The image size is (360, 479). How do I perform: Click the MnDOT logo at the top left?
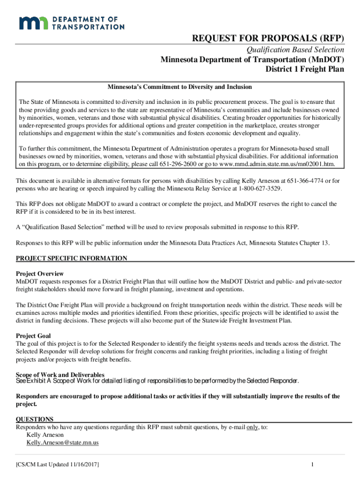(x=71, y=22)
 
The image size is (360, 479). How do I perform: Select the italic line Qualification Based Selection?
(x=295, y=50)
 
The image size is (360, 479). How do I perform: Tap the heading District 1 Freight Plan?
(x=305, y=69)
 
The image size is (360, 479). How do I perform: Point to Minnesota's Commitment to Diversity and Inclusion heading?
(x=180, y=87)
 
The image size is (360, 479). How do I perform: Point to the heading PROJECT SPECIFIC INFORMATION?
(x=72, y=258)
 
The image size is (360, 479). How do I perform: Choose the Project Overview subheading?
(x=40, y=274)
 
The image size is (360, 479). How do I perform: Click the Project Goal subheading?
(x=33, y=336)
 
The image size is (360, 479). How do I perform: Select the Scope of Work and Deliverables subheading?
(x=60, y=375)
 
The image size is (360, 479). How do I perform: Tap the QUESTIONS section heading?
(x=35, y=419)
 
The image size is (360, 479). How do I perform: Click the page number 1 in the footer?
(x=311, y=464)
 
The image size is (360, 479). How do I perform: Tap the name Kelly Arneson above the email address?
(x=45, y=435)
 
